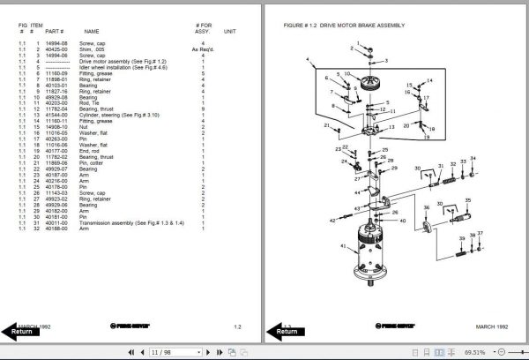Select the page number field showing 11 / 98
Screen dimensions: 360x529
[x=162, y=352]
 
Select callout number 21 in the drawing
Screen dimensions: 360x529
[x=326, y=126]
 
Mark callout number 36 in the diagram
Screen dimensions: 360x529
[x=428, y=206]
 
